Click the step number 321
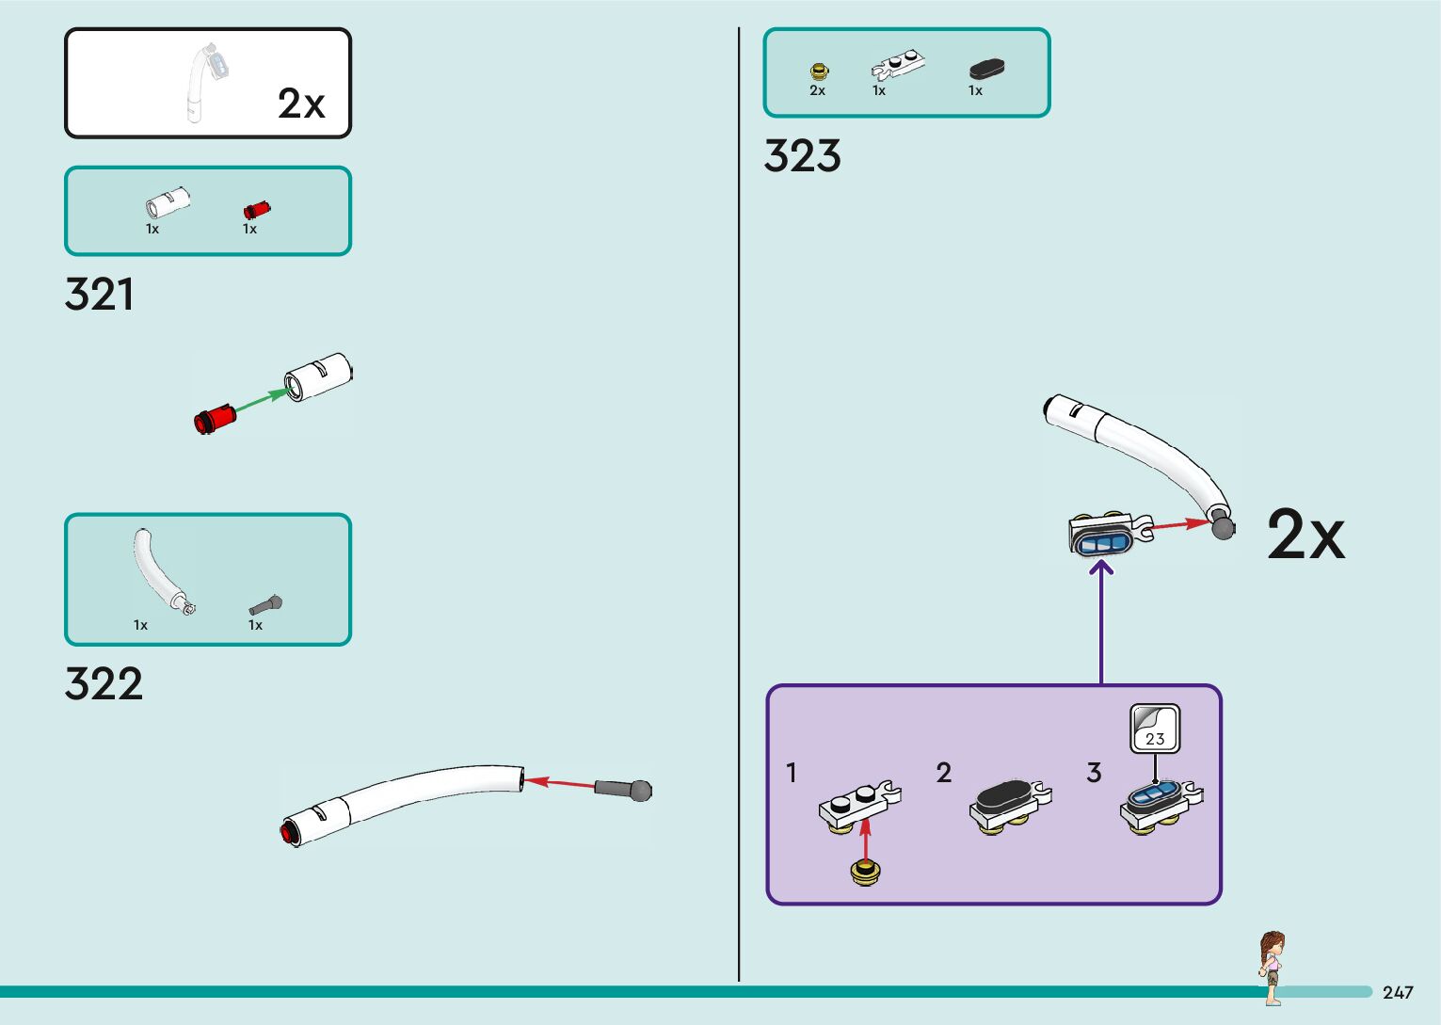coord(99,295)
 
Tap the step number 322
coord(104,683)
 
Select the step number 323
coord(802,156)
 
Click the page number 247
coord(1398,993)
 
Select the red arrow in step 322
coord(560,782)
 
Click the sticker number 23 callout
coord(1155,729)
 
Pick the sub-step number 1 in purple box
coord(792,773)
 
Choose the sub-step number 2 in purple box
coord(944,773)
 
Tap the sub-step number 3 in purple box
coord(1094,773)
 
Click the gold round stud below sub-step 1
coord(865,873)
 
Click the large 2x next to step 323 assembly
coord(1305,536)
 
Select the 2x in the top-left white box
coord(301,104)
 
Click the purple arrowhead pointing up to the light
coord(1101,567)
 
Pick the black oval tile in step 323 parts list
coord(986,69)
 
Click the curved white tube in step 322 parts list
coord(157,569)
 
